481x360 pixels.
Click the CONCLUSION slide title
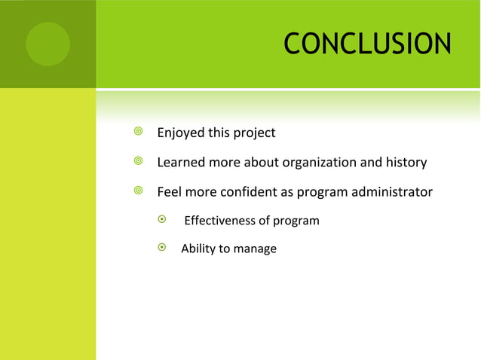tap(367, 44)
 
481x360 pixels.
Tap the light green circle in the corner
tap(47, 44)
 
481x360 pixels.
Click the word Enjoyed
tap(182, 133)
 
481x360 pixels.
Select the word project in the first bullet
tap(254, 133)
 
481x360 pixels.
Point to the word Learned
tap(182, 163)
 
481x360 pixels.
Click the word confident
tap(249, 192)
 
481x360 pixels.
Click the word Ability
tap(198, 249)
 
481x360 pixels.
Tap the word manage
tap(255, 249)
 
